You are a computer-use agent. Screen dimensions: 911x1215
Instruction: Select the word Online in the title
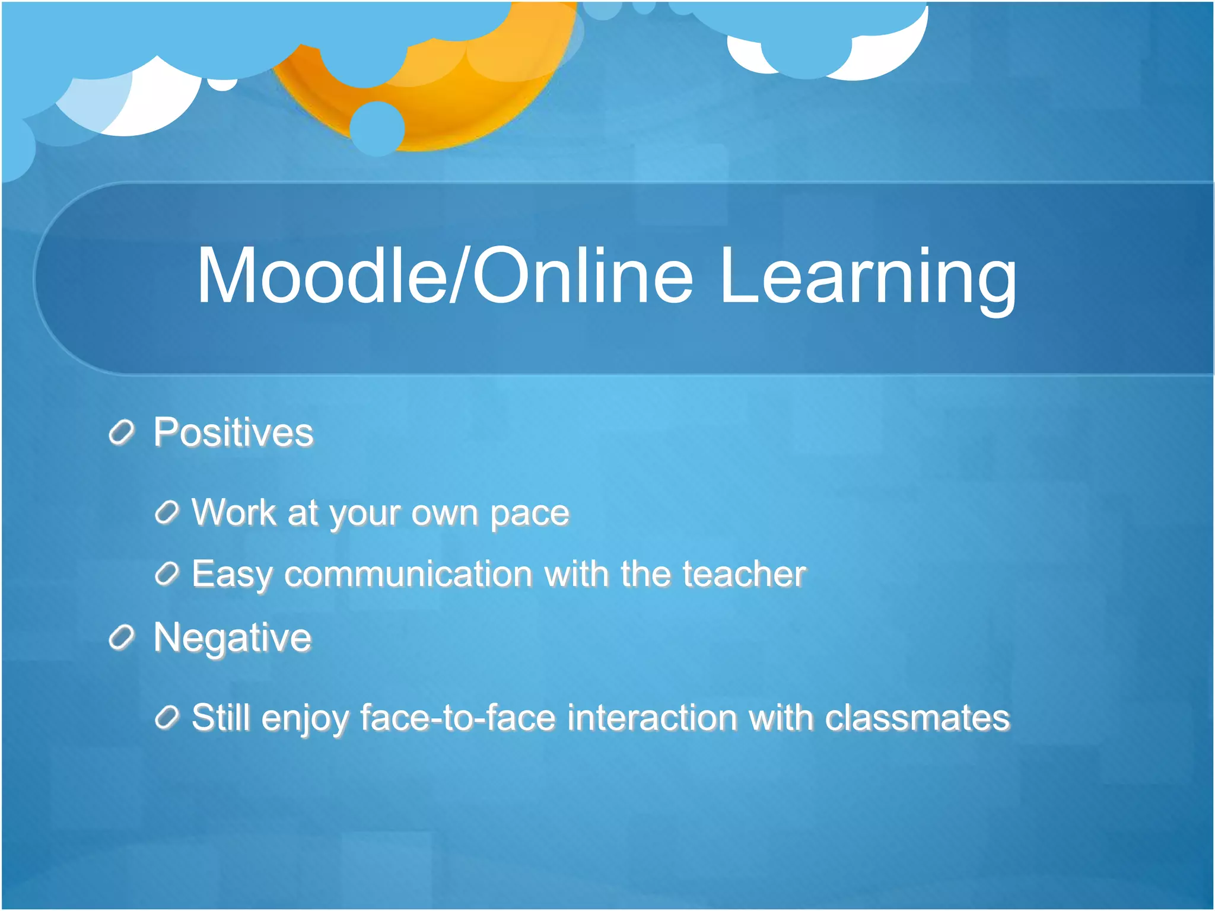[x=582, y=276]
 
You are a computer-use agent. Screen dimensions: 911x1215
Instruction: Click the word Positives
[x=233, y=432]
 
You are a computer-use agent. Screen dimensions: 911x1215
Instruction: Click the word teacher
[x=744, y=574]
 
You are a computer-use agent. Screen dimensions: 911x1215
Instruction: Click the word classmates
[x=917, y=718]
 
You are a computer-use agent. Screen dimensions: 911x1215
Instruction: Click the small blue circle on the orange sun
[x=377, y=129]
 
